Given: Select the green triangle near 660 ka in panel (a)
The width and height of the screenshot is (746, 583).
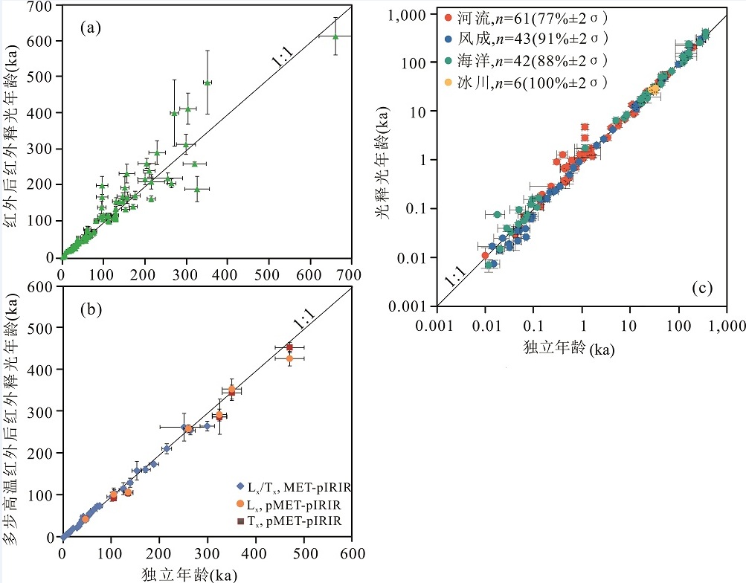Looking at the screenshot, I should (x=335, y=36).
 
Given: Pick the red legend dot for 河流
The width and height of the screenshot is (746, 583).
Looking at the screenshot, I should (x=448, y=16).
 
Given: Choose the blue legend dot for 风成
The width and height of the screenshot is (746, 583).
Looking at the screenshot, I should (x=448, y=39).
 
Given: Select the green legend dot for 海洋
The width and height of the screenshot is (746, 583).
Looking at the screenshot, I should (x=448, y=60).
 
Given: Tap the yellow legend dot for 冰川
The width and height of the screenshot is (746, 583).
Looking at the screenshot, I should (x=448, y=82).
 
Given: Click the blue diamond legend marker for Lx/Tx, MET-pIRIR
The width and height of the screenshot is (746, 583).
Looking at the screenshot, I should (x=239, y=488).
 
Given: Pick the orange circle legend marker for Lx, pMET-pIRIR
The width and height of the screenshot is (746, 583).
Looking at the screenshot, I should (x=239, y=505).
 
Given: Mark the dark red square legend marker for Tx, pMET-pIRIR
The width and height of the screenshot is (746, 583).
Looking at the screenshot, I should (x=239, y=521).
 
